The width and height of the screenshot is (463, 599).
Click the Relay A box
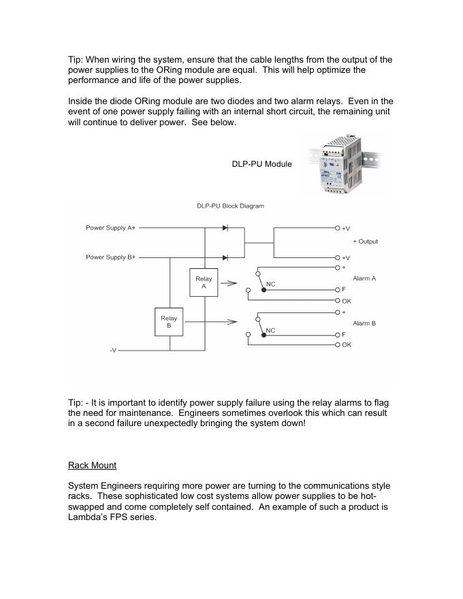click(x=204, y=282)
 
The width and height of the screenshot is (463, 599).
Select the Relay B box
click(x=169, y=322)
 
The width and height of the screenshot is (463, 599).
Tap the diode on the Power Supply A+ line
click(x=225, y=228)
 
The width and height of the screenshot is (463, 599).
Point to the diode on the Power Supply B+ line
click(x=225, y=257)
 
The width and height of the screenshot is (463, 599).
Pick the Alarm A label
click(x=364, y=279)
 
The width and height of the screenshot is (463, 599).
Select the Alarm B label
click(x=364, y=323)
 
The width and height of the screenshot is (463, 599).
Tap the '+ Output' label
click(x=365, y=242)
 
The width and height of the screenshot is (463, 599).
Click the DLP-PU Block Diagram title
click(x=231, y=206)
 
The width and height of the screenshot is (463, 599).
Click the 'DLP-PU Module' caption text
click(x=261, y=164)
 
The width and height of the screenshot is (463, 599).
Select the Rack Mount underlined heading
click(x=92, y=466)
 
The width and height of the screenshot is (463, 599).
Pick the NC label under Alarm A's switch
click(x=270, y=283)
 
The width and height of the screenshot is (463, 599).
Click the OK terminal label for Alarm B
click(x=347, y=345)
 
